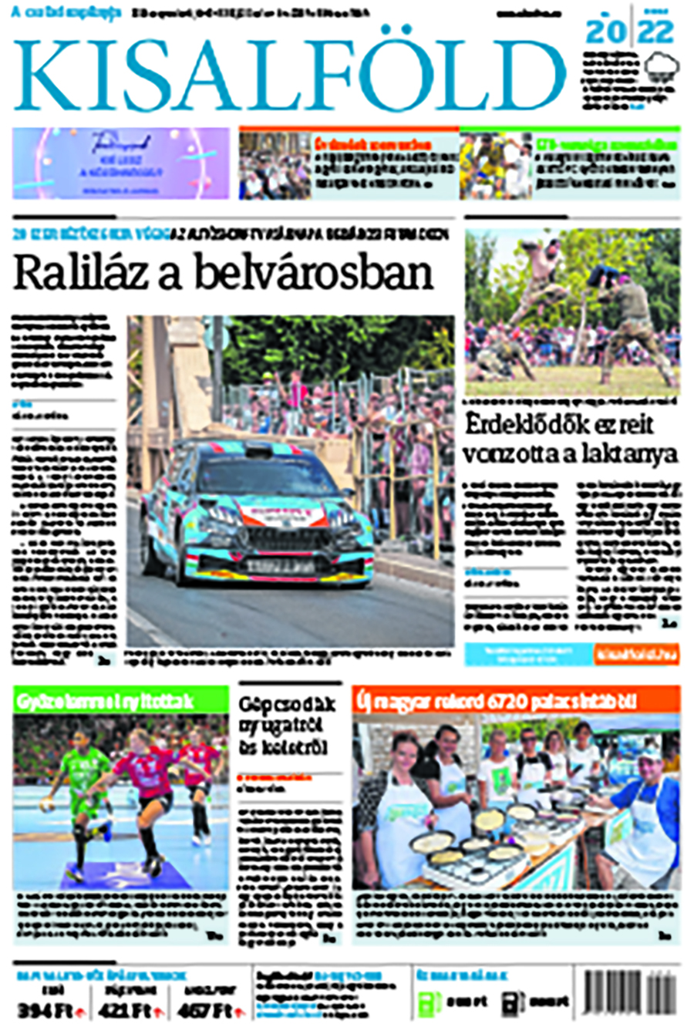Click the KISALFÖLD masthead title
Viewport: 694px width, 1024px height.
289,73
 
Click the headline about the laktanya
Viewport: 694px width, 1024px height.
571,440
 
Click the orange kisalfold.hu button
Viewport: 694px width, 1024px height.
636,655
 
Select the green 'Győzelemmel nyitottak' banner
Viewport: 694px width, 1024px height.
120,701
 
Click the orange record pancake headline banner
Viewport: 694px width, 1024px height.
515,701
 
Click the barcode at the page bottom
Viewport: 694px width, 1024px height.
631,996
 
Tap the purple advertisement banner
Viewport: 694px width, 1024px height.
120,163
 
